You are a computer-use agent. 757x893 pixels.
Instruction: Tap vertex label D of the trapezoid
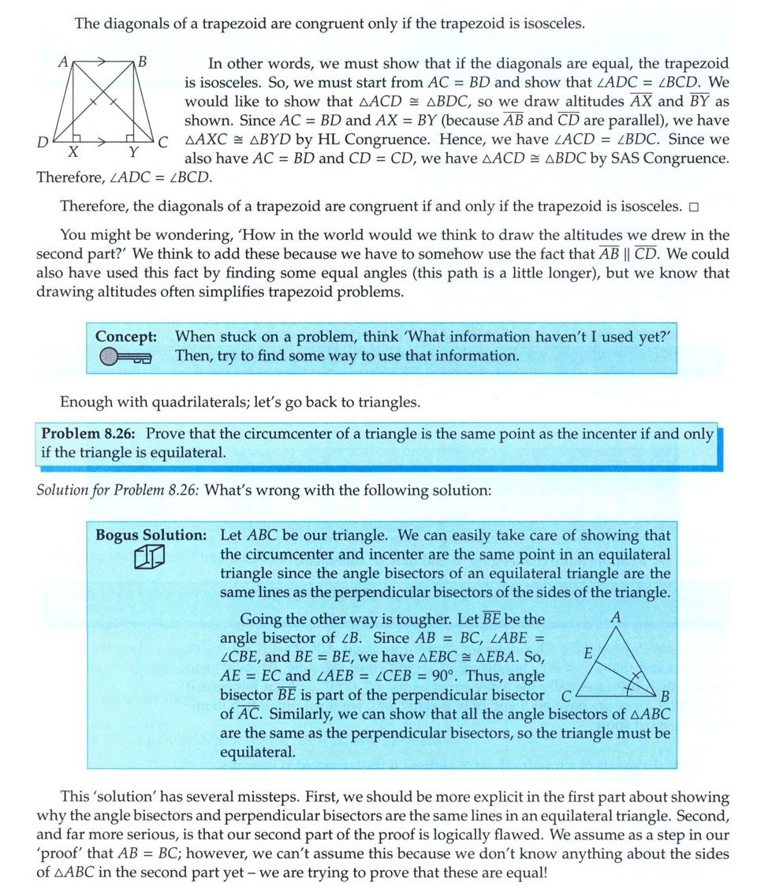tap(43, 143)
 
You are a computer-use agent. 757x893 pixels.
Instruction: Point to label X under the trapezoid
tap(73, 152)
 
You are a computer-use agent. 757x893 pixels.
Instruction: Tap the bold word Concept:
tap(126, 336)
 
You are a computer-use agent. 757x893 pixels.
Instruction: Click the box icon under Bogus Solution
tap(149, 559)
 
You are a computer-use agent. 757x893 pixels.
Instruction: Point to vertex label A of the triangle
tap(616, 618)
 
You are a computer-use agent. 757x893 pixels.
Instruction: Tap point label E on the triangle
tap(587, 654)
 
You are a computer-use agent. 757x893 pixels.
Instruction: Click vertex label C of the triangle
tap(565, 697)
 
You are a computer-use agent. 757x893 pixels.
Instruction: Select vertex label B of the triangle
tap(665, 697)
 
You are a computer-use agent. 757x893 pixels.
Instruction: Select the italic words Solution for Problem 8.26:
tap(118, 489)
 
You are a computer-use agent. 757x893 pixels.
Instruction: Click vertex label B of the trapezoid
tap(142, 60)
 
